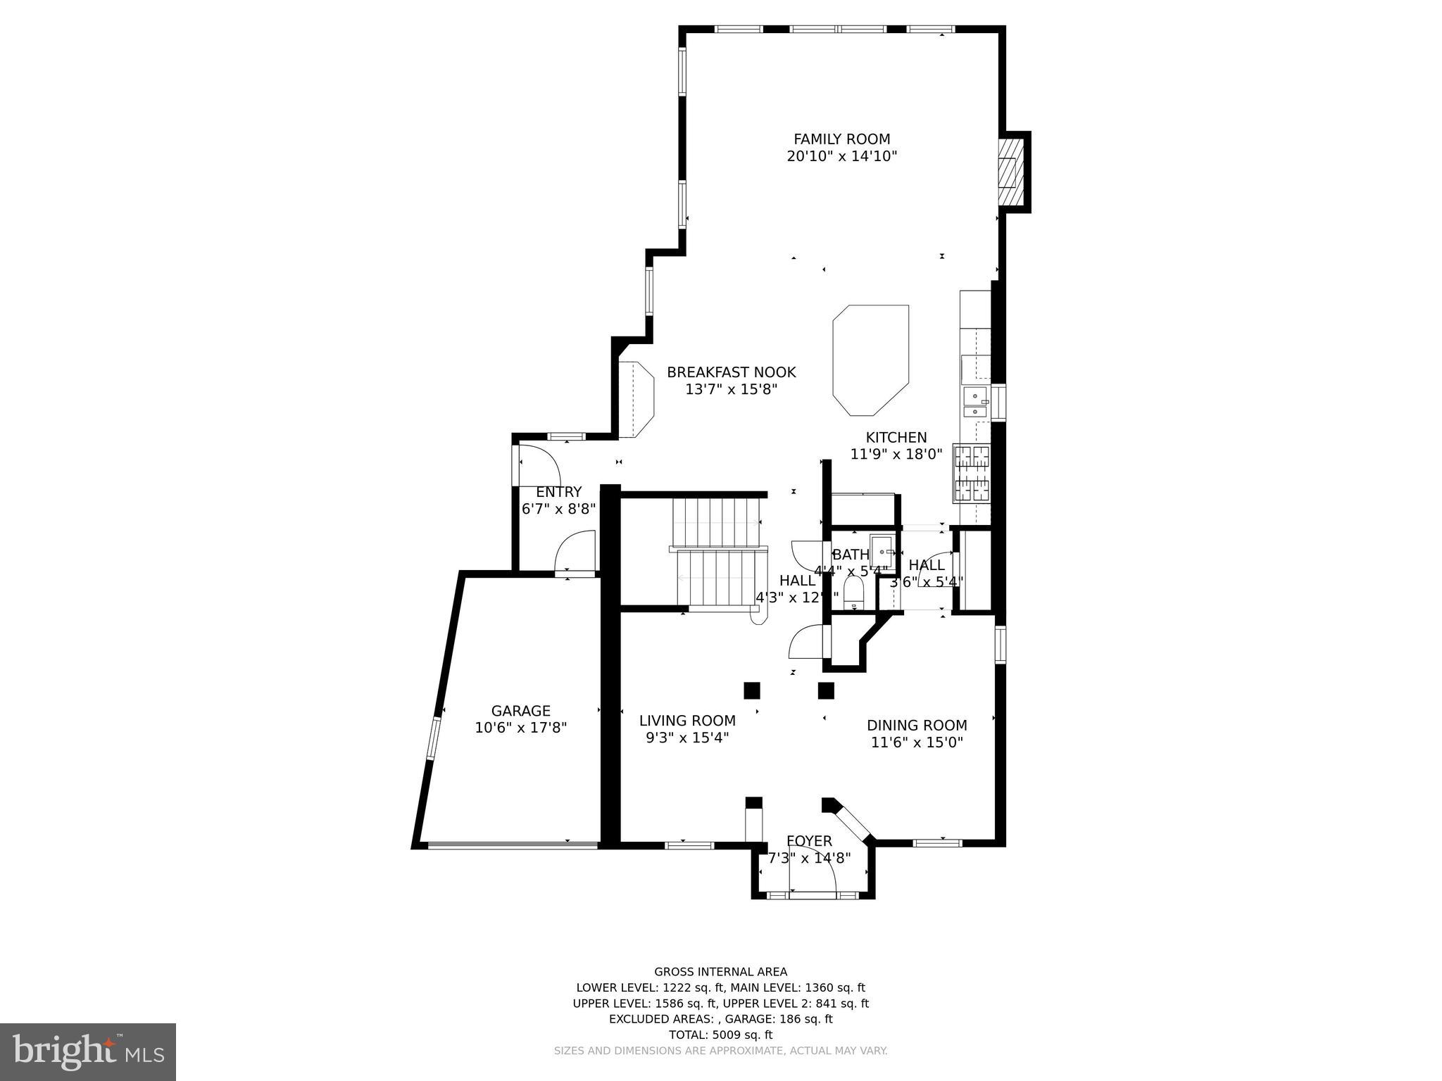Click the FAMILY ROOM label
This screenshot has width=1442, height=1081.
841,139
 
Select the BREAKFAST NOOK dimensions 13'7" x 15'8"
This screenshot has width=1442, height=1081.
731,389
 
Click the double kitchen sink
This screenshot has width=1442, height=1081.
975,404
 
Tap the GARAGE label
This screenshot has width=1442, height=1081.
520,711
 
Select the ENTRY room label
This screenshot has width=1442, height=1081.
558,492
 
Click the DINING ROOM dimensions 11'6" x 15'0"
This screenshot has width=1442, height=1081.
917,742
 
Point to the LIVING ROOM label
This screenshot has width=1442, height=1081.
687,721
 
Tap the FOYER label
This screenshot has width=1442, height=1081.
809,841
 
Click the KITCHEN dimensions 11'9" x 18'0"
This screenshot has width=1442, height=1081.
896,454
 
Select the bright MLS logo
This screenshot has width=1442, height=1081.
88,1051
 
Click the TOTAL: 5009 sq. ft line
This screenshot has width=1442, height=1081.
720,1035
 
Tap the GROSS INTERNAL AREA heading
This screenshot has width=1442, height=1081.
720,972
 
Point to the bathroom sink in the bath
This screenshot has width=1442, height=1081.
882,550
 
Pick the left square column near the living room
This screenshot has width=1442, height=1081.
752,690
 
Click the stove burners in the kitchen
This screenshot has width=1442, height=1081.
972,473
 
